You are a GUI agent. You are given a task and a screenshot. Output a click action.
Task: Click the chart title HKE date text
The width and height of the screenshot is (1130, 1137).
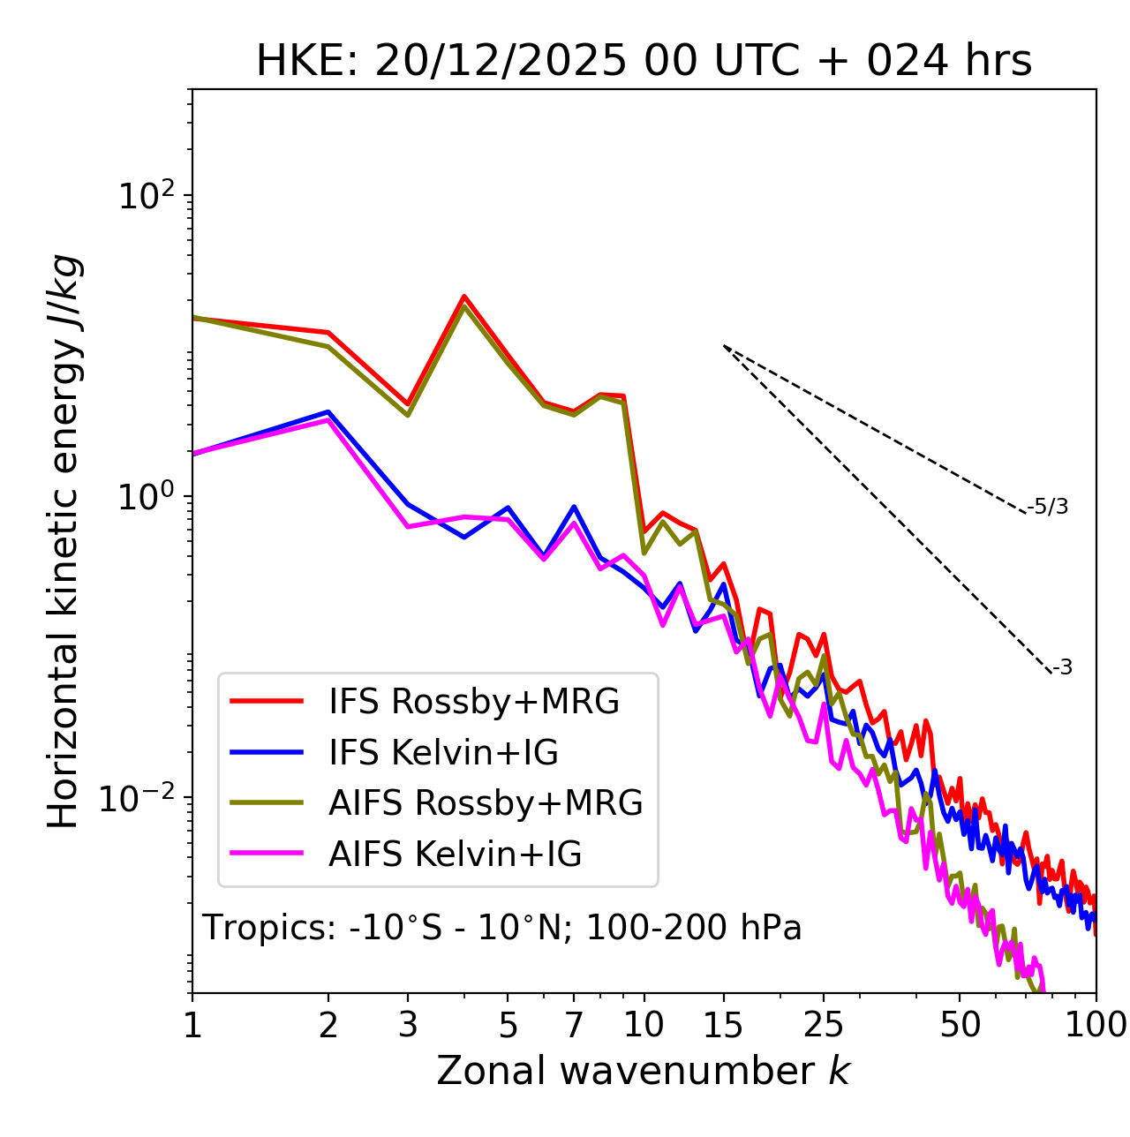point(644,62)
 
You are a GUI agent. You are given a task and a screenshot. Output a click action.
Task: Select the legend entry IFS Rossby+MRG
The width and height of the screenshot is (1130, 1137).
point(474,702)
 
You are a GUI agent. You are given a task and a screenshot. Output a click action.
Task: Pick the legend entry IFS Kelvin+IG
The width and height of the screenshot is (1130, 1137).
point(443,753)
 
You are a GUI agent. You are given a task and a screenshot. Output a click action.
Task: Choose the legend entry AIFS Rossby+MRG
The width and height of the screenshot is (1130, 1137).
point(486,803)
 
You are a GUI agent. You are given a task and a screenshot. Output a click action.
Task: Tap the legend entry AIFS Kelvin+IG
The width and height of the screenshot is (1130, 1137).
point(455,855)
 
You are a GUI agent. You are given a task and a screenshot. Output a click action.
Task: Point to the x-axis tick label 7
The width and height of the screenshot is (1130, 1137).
point(574,1025)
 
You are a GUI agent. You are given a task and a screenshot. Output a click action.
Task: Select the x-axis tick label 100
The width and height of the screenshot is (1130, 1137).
point(1095,1025)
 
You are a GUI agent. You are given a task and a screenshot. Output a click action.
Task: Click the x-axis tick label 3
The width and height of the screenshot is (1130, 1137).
point(408,1025)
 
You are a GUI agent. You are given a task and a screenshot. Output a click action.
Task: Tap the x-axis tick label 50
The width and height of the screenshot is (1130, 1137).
point(960,1025)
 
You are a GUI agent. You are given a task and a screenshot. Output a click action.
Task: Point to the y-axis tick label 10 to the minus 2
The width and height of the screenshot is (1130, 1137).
point(141,798)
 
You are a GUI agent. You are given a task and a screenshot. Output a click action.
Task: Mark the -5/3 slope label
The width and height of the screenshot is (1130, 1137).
point(1048,507)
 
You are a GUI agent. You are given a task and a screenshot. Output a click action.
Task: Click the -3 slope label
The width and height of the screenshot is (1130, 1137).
point(1062,668)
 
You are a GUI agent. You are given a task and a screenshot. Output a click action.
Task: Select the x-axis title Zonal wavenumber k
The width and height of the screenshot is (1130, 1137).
point(644,1071)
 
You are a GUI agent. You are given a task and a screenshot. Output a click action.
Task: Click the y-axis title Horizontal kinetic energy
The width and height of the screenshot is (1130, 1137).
point(64,542)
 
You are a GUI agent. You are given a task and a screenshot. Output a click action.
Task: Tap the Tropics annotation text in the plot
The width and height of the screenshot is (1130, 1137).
point(502,928)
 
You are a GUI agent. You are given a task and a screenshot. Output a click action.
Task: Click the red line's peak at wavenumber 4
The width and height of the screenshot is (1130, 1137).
point(463,297)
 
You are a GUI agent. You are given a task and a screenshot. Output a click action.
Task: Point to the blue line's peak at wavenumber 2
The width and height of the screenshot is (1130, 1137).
point(328,411)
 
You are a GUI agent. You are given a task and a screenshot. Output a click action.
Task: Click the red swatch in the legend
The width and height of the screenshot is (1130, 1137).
point(267,702)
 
